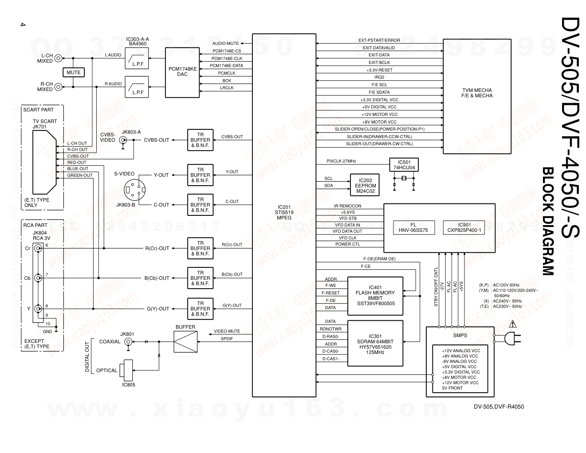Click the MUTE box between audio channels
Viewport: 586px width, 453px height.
pyautogui.click(x=74, y=72)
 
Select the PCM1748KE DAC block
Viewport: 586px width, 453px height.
pyautogui.click(x=182, y=72)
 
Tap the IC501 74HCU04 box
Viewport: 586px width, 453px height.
pyautogui.click(x=404, y=165)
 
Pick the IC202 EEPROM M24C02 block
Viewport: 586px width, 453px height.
pyautogui.click(x=365, y=186)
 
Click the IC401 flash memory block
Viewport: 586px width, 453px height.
pyautogui.click(x=375, y=296)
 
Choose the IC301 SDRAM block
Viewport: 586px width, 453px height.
pyautogui.click(x=375, y=344)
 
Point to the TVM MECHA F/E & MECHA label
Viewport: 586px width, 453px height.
pyautogui.click(x=477, y=93)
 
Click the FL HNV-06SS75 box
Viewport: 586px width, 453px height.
pyautogui.click(x=413, y=227)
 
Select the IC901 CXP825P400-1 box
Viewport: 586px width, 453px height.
pyautogui.click(x=464, y=227)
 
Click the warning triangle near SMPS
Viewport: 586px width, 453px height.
pyautogui.click(x=513, y=324)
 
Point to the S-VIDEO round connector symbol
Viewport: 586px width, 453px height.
pyautogui.click(x=134, y=190)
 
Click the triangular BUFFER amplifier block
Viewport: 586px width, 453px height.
pyautogui.click(x=185, y=342)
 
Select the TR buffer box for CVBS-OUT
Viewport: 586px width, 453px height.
pyautogui.click(x=200, y=140)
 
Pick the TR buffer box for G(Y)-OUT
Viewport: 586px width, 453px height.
pyautogui.click(x=200, y=309)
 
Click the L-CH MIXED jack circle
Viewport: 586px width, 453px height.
pyautogui.click(x=58, y=58)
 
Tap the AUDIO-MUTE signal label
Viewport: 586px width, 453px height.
pyautogui.click(x=226, y=44)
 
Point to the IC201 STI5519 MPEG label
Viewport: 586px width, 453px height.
pyautogui.click(x=284, y=212)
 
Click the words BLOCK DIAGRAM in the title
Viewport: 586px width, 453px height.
pyautogui.click(x=548, y=221)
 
